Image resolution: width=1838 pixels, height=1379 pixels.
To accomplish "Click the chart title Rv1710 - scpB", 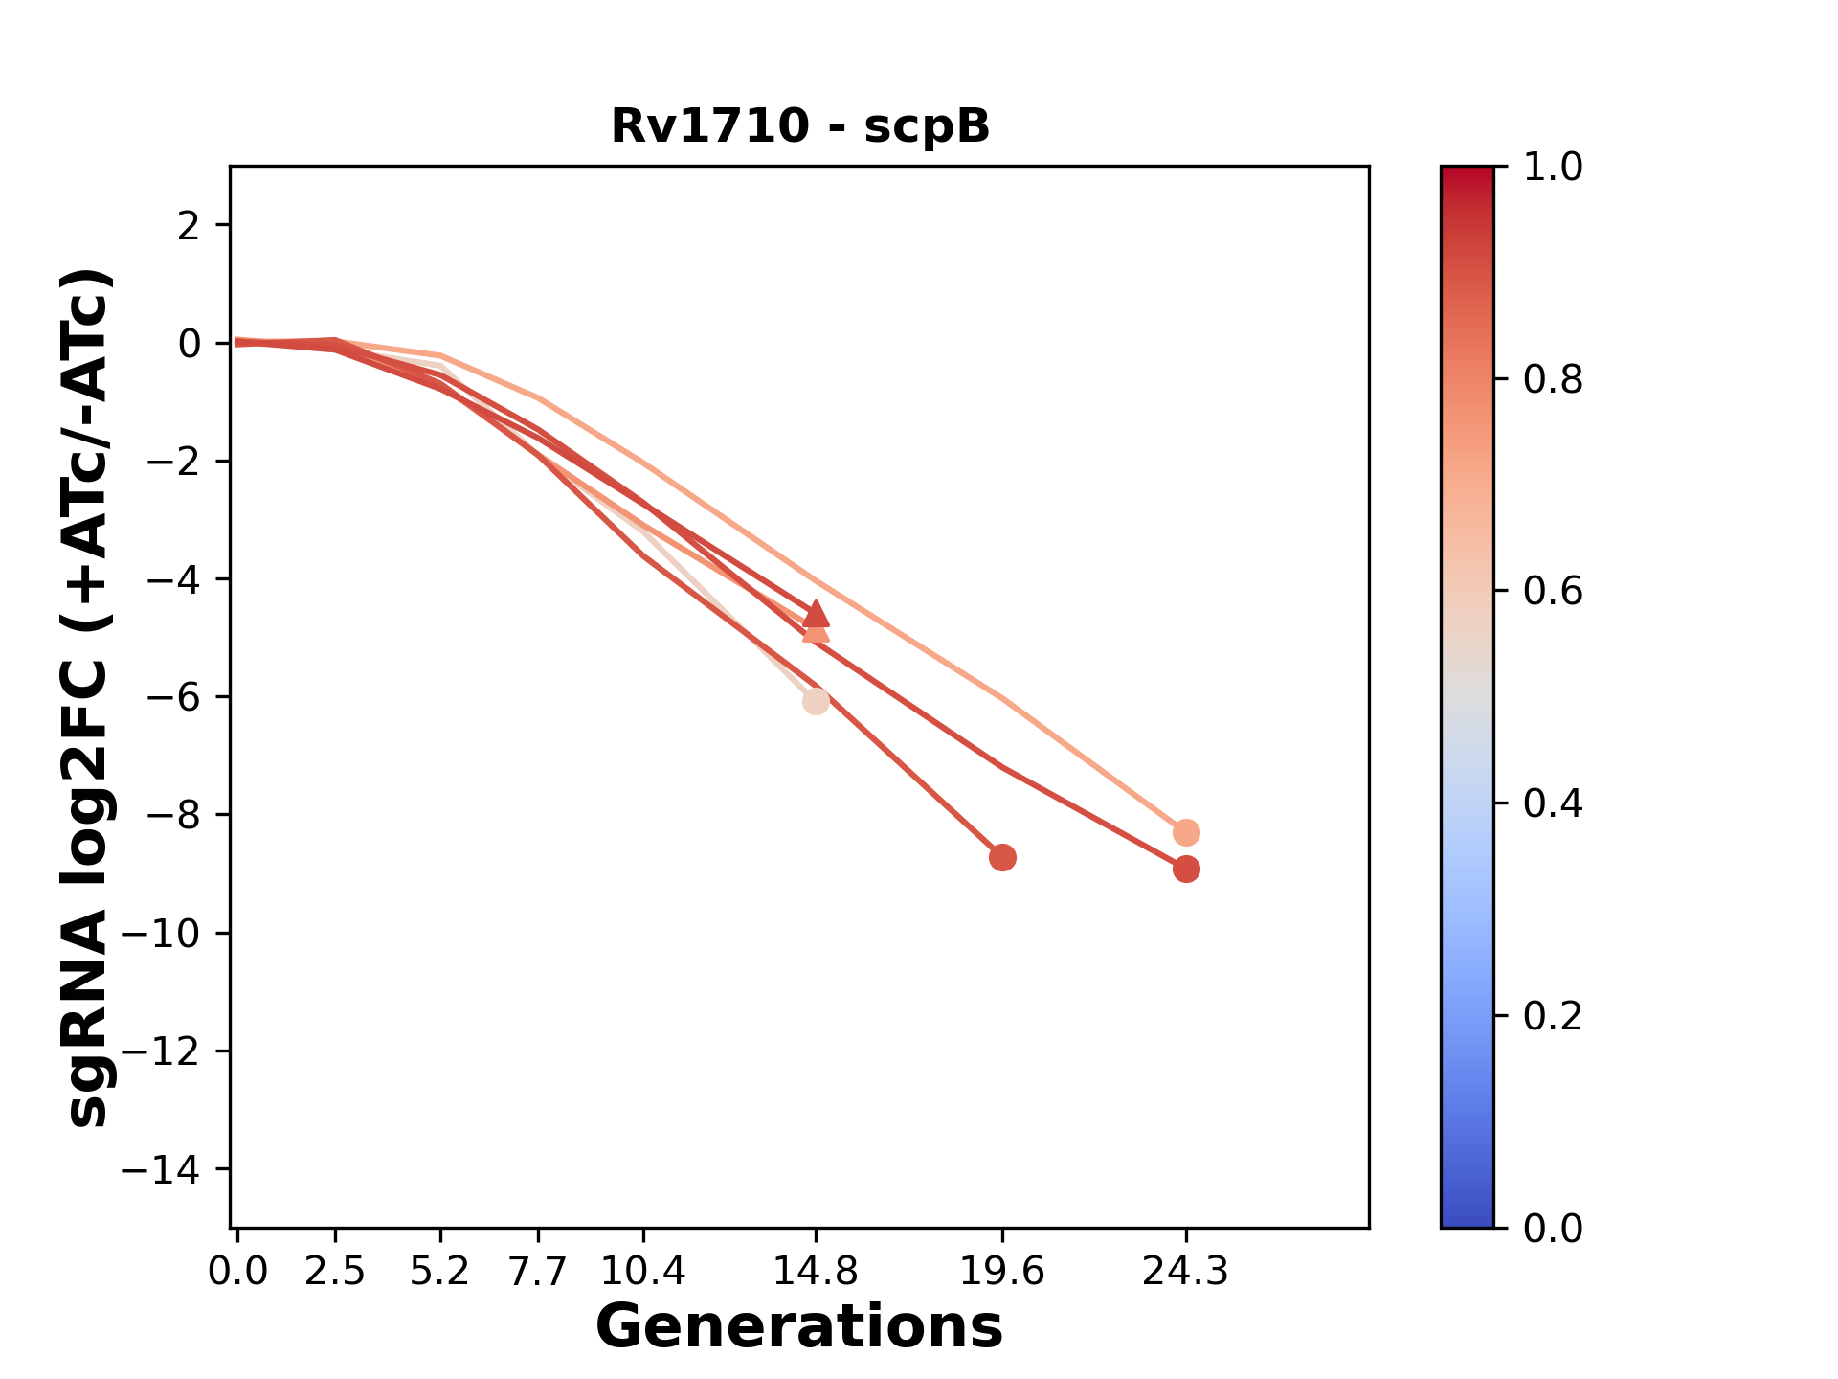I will point(800,126).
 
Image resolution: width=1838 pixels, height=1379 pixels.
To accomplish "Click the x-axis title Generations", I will point(799,1327).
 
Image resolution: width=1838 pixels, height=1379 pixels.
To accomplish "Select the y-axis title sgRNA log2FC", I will point(88,697).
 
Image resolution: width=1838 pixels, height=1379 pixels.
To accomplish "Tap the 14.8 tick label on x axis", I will point(815,1271).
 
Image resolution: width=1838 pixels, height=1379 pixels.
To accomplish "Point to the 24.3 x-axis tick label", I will point(1186,1271).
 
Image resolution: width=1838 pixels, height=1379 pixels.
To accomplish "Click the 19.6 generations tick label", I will point(1001,1271).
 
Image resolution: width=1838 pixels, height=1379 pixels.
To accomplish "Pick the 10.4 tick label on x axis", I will point(642,1271).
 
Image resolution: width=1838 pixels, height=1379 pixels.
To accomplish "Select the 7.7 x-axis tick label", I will point(538,1271).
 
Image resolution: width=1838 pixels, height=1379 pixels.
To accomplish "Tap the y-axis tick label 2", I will point(190,226).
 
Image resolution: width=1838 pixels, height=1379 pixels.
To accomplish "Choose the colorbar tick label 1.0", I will point(1553,168).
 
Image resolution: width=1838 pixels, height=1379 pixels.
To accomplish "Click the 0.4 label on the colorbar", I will point(1553,803).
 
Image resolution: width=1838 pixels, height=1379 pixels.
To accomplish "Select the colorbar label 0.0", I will point(1553,1228).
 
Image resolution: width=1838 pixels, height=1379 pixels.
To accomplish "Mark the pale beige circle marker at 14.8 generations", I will point(816,702).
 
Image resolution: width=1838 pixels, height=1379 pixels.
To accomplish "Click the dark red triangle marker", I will point(816,613).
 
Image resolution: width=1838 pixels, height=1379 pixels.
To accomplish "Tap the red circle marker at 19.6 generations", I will point(1002,857).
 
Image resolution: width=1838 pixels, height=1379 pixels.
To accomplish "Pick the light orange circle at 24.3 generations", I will point(1186,832).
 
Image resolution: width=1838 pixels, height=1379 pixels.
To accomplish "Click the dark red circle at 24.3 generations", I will point(1186,870).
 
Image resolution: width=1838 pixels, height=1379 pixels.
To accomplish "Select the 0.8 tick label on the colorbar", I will point(1553,380).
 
